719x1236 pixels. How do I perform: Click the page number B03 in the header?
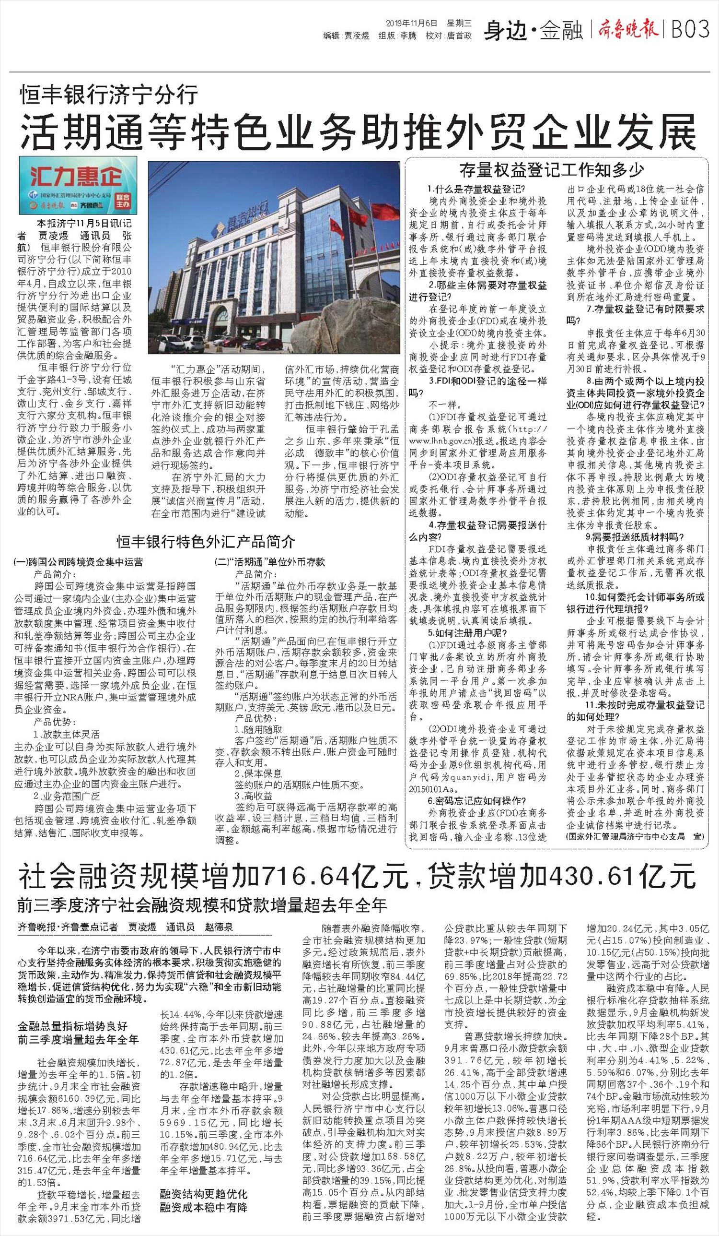(x=690, y=30)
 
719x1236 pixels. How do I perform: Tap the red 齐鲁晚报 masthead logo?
(x=628, y=30)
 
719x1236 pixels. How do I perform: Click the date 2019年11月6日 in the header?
(x=411, y=23)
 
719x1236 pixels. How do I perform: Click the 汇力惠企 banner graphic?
(x=78, y=185)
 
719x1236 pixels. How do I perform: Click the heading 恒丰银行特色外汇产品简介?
(x=206, y=542)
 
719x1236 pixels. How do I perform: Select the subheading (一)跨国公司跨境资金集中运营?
(x=79, y=562)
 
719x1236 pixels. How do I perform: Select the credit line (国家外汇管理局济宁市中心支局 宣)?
(x=635, y=836)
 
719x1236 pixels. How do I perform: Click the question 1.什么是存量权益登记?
(x=476, y=189)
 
